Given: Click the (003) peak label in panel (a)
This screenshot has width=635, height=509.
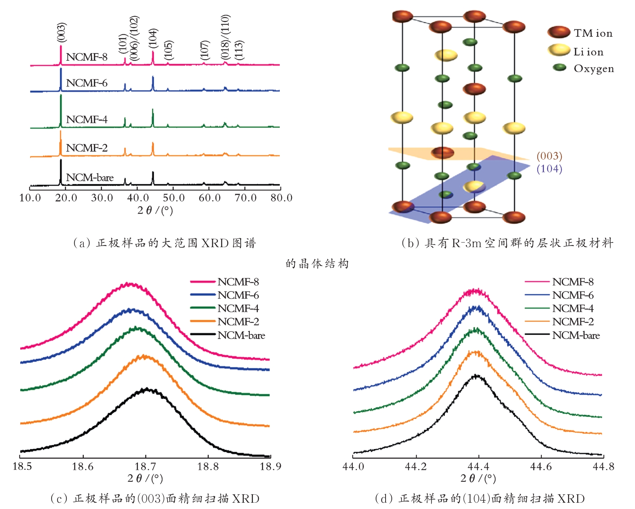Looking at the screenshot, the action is pyautogui.click(x=61, y=32).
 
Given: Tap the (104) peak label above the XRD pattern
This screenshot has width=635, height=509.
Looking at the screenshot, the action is pyautogui.click(x=153, y=38).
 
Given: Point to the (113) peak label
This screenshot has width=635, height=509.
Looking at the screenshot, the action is pyautogui.click(x=239, y=50).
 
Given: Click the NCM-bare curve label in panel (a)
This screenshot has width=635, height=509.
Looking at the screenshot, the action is pyautogui.click(x=90, y=177).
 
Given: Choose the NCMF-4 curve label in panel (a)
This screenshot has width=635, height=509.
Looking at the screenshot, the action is pyautogui.click(x=87, y=119).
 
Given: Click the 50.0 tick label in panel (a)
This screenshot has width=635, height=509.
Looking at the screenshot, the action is pyautogui.click(x=173, y=198).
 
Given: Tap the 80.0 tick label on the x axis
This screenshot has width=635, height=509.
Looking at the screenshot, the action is pyautogui.click(x=281, y=198).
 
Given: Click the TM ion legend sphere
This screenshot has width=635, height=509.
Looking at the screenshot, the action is pyautogui.click(x=559, y=32).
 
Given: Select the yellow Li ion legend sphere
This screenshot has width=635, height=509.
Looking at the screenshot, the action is pyautogui.click(x=559, y=50).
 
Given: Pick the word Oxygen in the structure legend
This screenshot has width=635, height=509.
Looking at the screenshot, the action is pyautogui.click(x=594, y=69).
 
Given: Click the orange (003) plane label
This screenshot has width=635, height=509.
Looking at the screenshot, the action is pyautogui.click(x=549, y=156).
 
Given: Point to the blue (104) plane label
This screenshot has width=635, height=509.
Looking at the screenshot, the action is pyautogui.click(x=549, y=169).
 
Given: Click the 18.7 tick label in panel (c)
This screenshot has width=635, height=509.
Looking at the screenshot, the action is pyautogui.click(x=145, y=466).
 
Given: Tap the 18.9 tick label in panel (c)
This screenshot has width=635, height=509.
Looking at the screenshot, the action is pyautogui.click(x=270, y=466).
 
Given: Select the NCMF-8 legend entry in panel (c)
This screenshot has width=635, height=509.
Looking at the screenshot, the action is pyautogui.click(x=225, y=282).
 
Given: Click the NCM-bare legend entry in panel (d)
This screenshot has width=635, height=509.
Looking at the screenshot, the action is pyautogui.click(x=562, y=335).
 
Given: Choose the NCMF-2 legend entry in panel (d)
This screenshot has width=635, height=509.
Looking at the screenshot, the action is pyautogui.click(x=559, y=322).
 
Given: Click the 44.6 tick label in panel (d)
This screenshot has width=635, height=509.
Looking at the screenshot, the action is pyautogui.click(x=541, y=466).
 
